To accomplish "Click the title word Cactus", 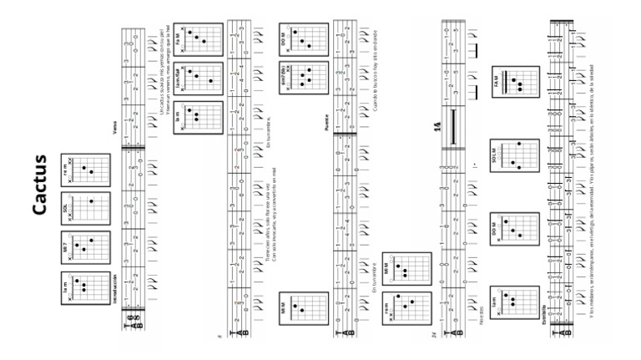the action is point(43,180).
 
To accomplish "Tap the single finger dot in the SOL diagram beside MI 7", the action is point(90,201).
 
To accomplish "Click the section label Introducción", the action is point(116,289).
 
